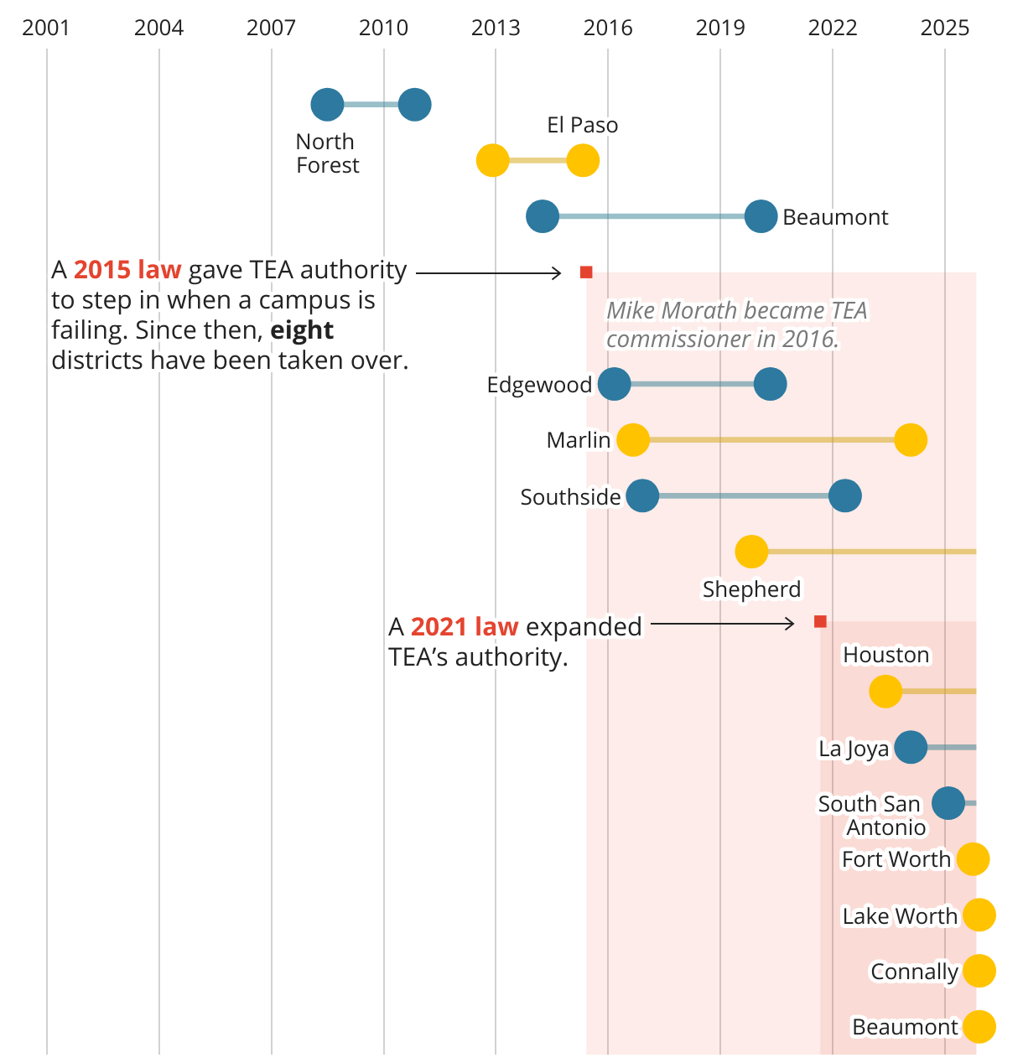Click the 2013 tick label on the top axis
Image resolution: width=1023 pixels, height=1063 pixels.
496,28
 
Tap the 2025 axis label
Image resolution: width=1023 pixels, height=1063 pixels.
944,28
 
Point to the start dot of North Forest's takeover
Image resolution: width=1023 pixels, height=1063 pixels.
327,105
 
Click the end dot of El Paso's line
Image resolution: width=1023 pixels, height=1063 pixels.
583,160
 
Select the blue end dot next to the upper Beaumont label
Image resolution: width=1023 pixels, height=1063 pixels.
761,216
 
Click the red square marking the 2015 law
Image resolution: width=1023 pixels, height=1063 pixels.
586,272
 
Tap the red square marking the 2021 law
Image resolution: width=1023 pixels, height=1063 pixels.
820,621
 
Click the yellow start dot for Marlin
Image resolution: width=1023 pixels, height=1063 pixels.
633,440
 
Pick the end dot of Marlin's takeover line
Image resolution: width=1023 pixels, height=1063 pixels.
911,440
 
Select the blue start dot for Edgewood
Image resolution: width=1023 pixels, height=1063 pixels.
614,385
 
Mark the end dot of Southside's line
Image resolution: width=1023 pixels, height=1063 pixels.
844,496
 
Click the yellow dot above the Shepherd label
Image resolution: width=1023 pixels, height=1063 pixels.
751,552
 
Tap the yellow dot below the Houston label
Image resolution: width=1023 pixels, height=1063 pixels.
885,692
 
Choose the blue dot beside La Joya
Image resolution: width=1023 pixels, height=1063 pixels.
911,747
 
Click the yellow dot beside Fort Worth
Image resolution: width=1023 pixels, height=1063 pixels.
973,859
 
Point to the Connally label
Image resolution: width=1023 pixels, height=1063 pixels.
914,972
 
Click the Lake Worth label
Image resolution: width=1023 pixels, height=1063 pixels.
900,916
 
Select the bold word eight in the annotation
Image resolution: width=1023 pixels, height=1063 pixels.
302,330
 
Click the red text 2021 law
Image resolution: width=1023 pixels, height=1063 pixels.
465,627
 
